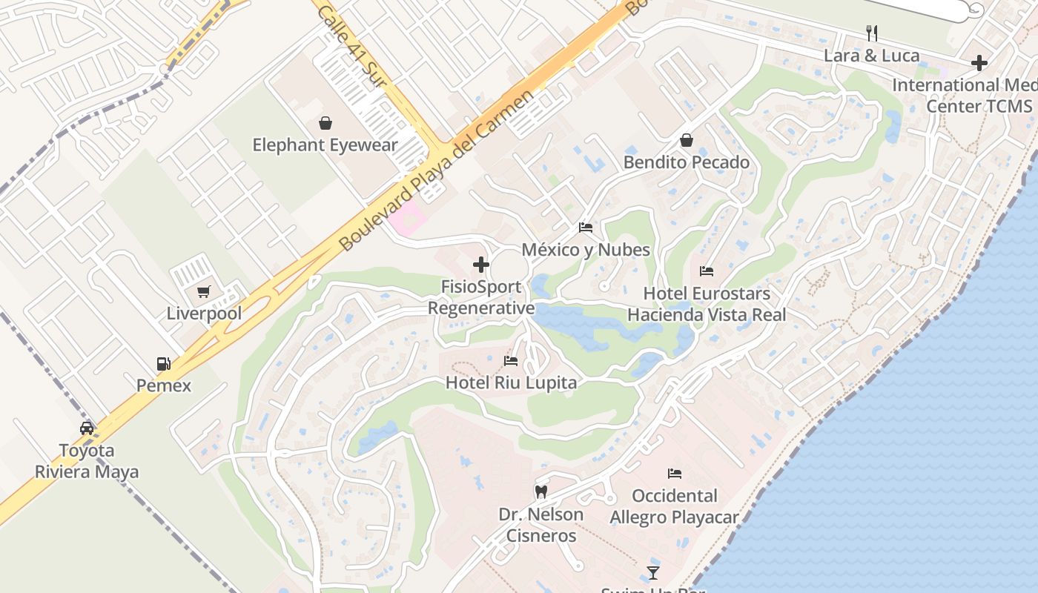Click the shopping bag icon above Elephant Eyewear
[325, 123]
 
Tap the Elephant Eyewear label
[325, 145]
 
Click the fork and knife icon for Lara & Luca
[872, 33]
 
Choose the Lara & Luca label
[872, 56]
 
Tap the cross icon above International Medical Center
[979, 63]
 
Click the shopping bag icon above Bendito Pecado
[687, 140]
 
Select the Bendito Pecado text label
[687, 162]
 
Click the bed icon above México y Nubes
[586, 228]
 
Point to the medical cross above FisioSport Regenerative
[481, 265]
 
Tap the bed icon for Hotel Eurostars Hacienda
[707, 271]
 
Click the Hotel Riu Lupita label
[511, 382]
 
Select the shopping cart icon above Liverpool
[204, 291]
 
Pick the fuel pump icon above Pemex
[164, 363]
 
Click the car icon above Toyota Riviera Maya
[87, 428]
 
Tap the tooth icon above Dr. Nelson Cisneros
[541, 491]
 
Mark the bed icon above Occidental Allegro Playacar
[675, 474]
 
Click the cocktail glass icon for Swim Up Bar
[652, 572]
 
